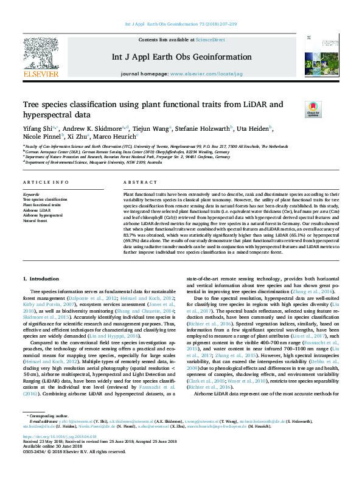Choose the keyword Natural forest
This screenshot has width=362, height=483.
[x=35, y=221]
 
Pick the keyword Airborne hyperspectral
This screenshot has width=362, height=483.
[x=43, y=215]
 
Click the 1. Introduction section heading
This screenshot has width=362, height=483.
[x=41, y=279]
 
